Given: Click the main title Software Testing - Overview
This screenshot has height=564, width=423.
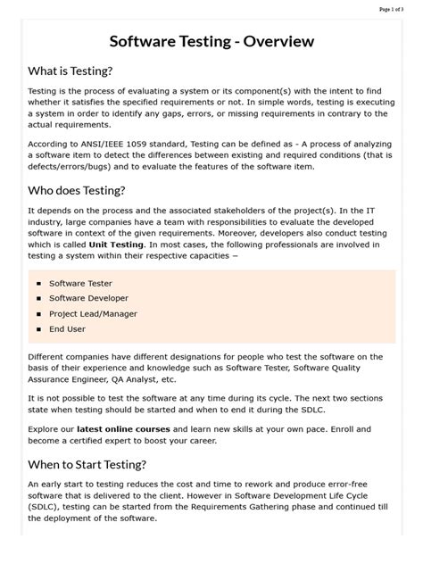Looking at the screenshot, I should coord(211,42).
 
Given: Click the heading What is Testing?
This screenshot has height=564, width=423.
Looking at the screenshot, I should coord(70,71).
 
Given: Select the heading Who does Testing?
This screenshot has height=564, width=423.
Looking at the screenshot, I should coord(77,190).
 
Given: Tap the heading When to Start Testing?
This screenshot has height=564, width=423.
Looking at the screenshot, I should coord(87,464).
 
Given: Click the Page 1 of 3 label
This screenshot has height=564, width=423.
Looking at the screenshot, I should coord(396,8).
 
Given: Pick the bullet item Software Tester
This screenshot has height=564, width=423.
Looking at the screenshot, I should coord(80,283).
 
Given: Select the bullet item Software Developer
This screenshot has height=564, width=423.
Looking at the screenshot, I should coord(88,298).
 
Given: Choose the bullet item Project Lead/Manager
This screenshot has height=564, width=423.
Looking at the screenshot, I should coord(94,313).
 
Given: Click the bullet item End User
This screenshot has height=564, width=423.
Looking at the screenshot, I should coord(67,328).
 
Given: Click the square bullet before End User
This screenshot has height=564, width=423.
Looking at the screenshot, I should coord(39,328).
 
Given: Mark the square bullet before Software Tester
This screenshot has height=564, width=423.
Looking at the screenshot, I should coord(39,283).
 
